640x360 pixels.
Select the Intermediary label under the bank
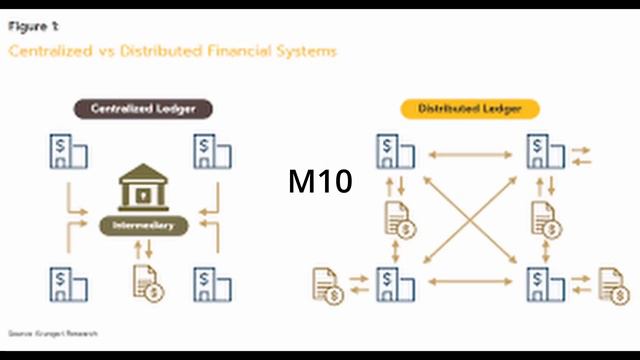145,226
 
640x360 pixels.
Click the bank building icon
145,188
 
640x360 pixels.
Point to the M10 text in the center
320,183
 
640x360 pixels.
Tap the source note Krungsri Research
54,332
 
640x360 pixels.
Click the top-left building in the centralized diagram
68,153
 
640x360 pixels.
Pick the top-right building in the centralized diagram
213,153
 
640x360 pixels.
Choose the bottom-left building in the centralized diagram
68,284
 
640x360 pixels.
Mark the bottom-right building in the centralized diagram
213,284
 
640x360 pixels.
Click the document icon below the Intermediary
148,283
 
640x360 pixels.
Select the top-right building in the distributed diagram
544,153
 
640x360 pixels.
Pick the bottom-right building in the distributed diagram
544,284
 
